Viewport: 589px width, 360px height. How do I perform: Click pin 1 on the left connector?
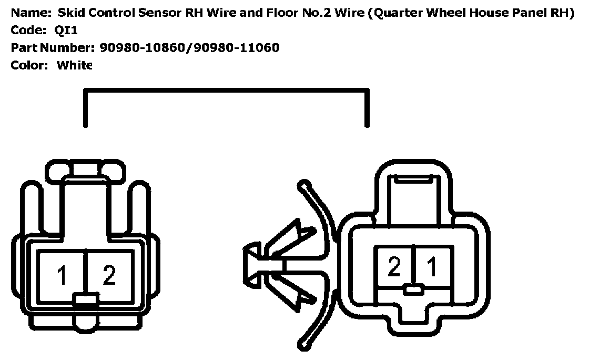[x=62, y=275]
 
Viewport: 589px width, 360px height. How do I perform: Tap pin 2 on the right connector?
[x=394, y=267]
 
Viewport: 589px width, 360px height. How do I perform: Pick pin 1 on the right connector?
[x=432, y=267]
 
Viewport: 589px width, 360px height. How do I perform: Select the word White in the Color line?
[x=74, y=65]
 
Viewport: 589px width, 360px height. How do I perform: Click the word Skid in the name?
[x=70, y=13]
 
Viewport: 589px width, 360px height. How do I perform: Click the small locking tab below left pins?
[x=85, y=301]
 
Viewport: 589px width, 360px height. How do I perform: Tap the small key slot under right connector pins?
[x=414, y=289]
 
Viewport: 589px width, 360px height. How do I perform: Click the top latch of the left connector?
[x=85, y=169]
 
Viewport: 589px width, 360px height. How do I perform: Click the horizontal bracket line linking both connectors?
[x=226, y=91]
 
